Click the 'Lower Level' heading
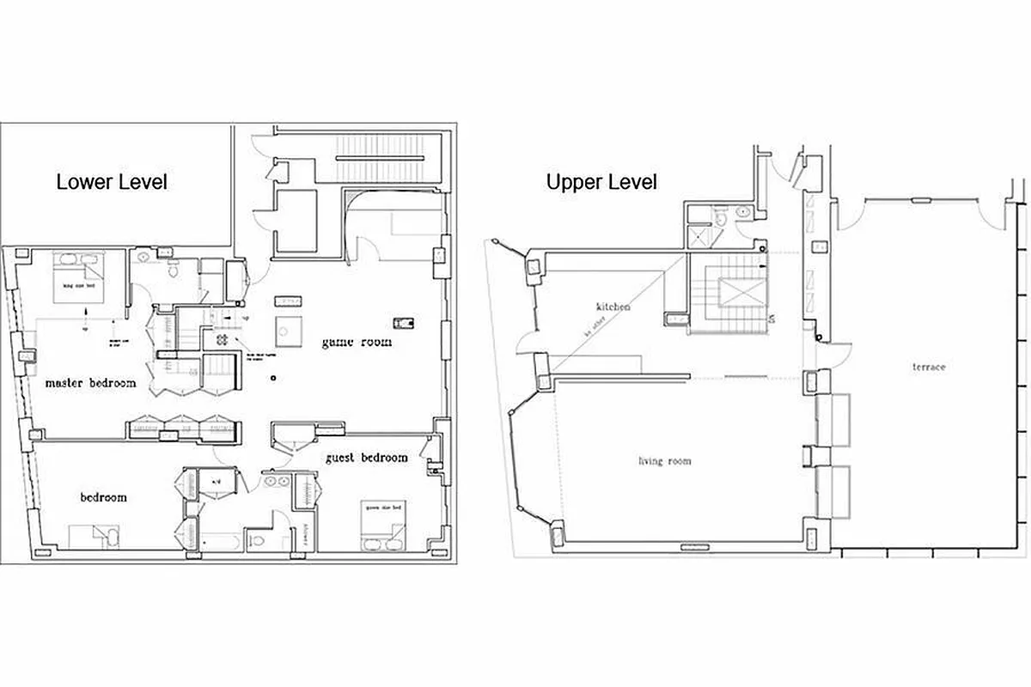112,182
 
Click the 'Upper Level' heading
601,182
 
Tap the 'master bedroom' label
90,383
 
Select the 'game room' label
357,342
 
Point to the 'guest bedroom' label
366,458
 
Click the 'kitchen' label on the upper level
614,307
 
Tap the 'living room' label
664,461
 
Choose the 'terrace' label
929,367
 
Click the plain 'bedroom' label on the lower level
104,497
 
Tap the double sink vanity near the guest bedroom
277,481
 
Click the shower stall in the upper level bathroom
700,234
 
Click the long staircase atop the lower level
378,159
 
